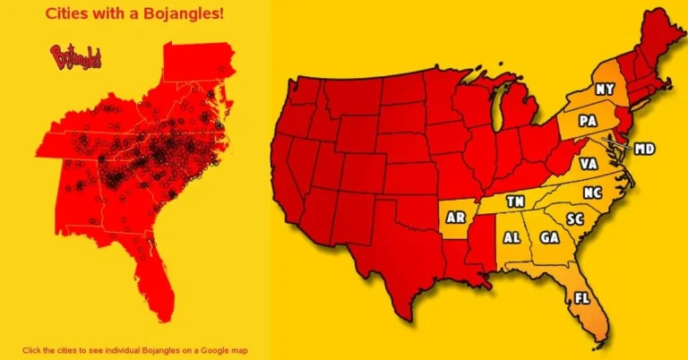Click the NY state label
[606, 90]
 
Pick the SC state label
[575, 219]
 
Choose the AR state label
[456, 218]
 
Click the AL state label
[512, 238]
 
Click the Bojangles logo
[77, 57]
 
